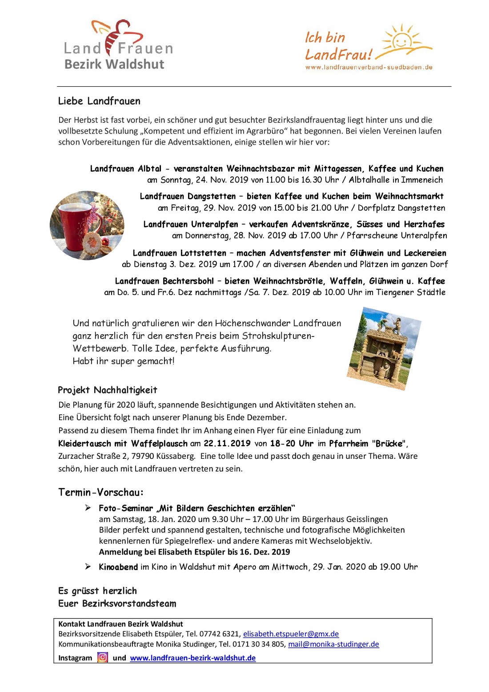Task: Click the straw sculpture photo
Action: (x=384, y=348)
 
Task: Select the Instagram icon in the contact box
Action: (x=103, y=657)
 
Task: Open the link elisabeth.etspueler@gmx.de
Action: (x=291, y=634)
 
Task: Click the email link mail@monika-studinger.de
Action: (x=333, y=644)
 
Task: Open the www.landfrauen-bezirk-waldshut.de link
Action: (x=192, y=658)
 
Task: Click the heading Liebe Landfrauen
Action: (x=99, y=101)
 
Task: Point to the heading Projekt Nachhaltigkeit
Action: (x=108, y=390)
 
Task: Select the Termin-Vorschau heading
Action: (x=101, y=492)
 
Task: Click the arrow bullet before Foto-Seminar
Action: (x=88, y=508)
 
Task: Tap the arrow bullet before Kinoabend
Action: (x=88, y=566)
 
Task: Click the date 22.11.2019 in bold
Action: (x=227, y=443)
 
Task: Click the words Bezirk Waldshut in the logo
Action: (x=114, y=64)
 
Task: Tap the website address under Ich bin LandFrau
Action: (x=369, y=67)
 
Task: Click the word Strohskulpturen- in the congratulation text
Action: (x=278, y=336)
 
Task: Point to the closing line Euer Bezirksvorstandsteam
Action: (x=117, y=603)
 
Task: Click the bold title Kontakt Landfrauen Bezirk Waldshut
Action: (x=120, y=624)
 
